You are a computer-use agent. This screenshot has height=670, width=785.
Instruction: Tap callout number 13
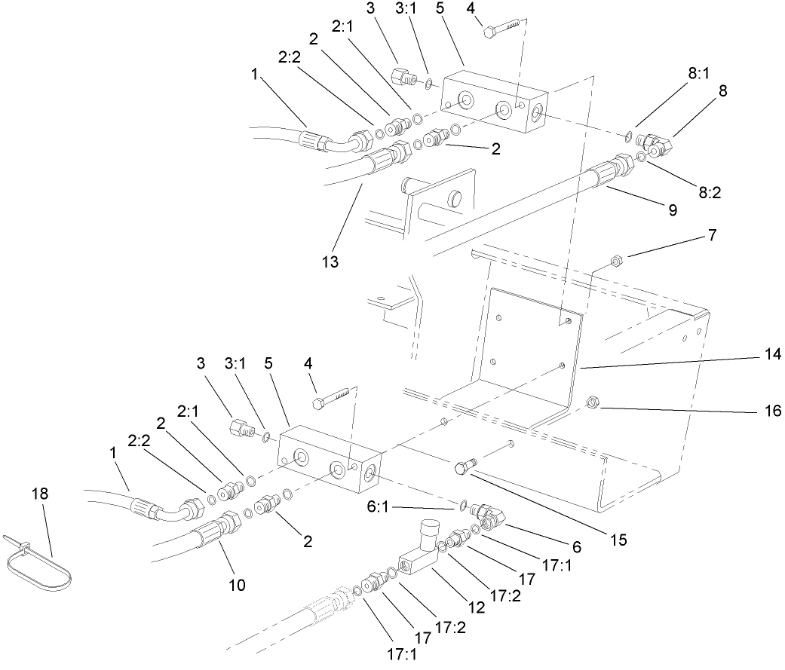tap(330, 262)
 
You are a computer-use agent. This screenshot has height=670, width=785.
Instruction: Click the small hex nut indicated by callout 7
tap(615, 262)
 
